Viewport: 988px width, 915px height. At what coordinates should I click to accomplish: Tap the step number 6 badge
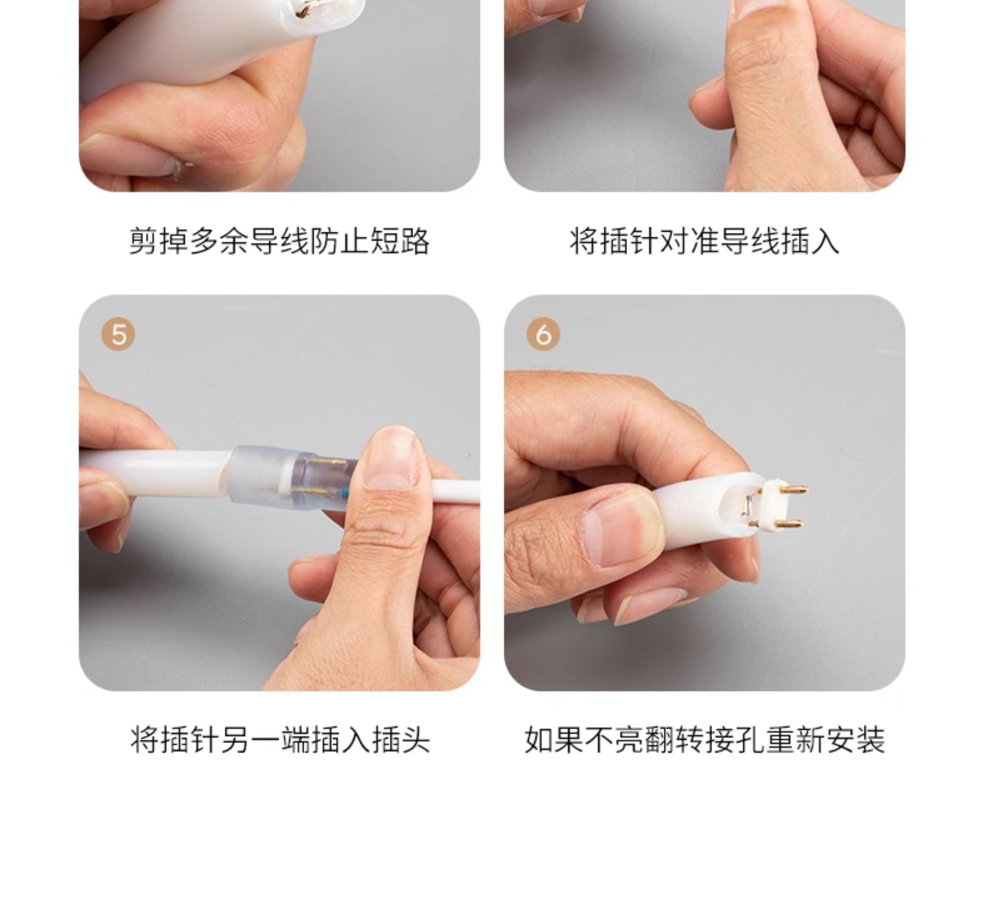click(543, 335)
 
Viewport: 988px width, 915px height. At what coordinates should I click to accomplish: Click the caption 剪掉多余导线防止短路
click(279, 241)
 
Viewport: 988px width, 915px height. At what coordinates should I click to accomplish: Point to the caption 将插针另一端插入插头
click(279, 739)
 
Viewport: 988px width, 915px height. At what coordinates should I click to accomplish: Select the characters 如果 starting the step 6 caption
click(554, 739)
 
